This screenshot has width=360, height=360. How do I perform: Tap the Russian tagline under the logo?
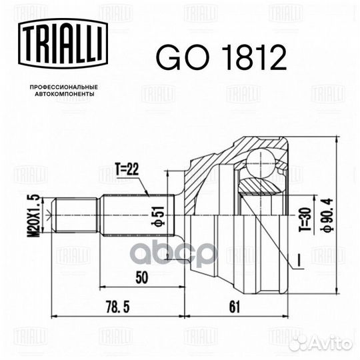click(61, 91)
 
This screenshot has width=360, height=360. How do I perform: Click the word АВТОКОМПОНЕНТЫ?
click(61, 95)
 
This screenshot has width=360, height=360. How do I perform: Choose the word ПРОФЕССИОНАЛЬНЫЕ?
click(61, 87)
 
